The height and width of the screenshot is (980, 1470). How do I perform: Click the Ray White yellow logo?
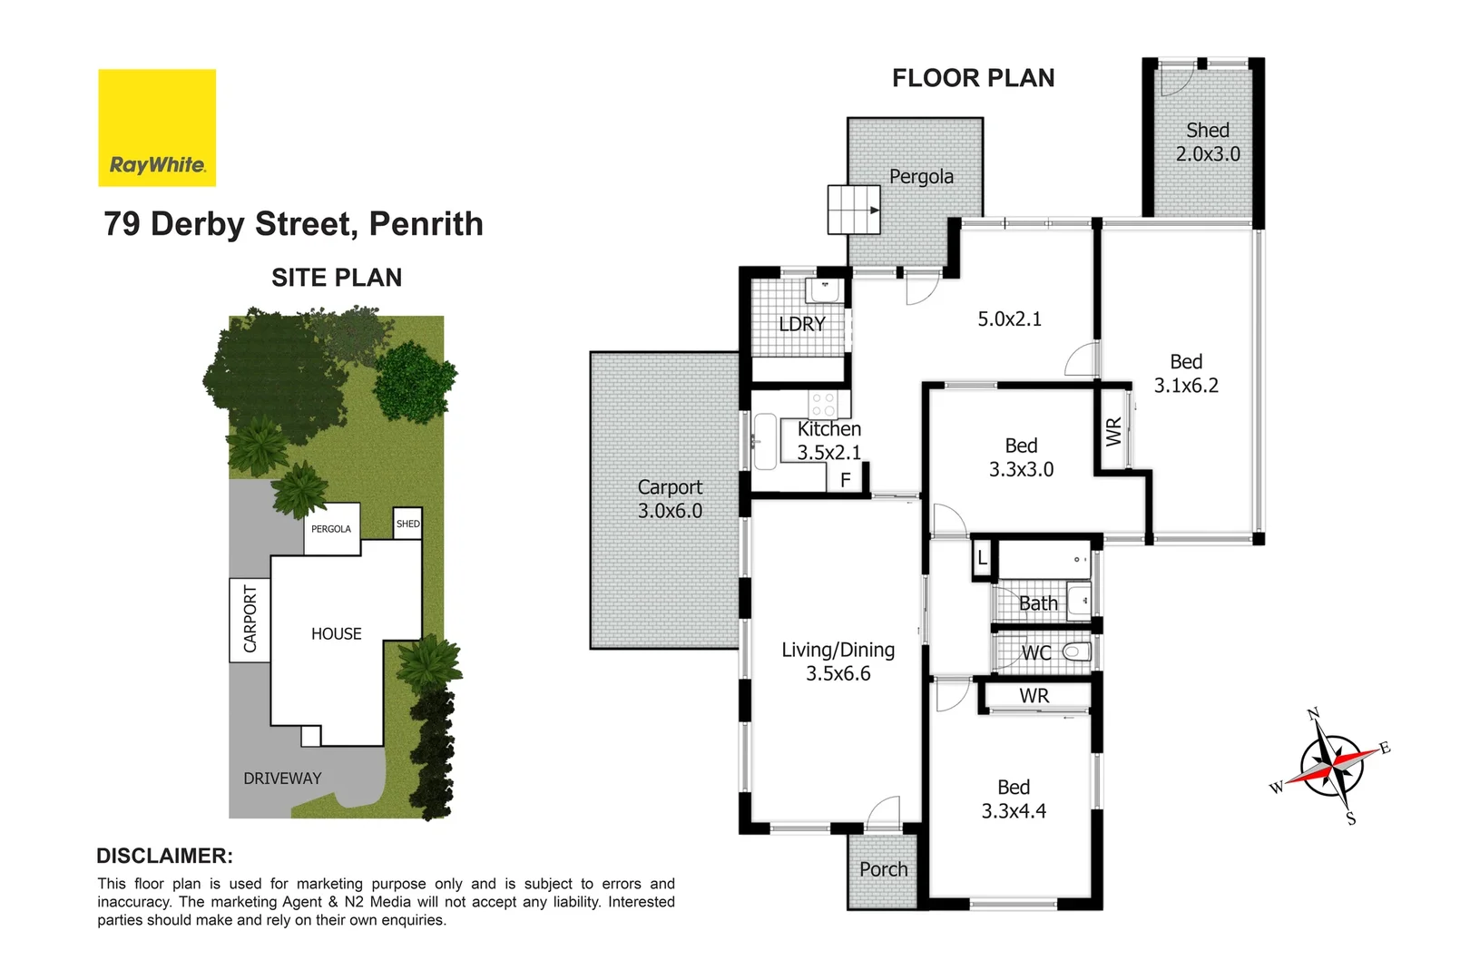[157, 128]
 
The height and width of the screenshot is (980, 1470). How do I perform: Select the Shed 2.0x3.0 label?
[1207, 142]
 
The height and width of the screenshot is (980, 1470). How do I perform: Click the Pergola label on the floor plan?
[921, 177]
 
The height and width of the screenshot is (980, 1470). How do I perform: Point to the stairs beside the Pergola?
[854, 210]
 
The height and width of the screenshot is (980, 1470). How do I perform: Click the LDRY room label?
[802, 324]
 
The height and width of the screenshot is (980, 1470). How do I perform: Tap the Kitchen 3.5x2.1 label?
[829, 440]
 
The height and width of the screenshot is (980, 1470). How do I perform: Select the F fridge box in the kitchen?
[846, 479]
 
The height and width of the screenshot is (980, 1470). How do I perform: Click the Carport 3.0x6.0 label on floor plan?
[670, 499]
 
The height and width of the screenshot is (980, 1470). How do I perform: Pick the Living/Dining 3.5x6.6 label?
[838, 661]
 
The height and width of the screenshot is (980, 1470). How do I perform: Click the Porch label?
[883, 869]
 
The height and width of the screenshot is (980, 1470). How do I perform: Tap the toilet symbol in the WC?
[1077, 652]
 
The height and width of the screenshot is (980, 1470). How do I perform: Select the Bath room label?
[1038, 603]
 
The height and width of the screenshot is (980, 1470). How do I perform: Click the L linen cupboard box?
[982, 559]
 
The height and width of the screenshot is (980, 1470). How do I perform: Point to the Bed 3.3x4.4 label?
[1014, 799]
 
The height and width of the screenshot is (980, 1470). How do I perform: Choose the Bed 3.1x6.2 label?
[1186, 374]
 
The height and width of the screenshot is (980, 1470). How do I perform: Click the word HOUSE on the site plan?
[336, 634]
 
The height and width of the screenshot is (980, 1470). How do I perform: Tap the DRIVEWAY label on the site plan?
[282, 779]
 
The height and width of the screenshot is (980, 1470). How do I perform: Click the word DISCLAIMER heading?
[164, 856]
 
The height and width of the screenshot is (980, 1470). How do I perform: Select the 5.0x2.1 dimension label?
[1009, 319]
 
